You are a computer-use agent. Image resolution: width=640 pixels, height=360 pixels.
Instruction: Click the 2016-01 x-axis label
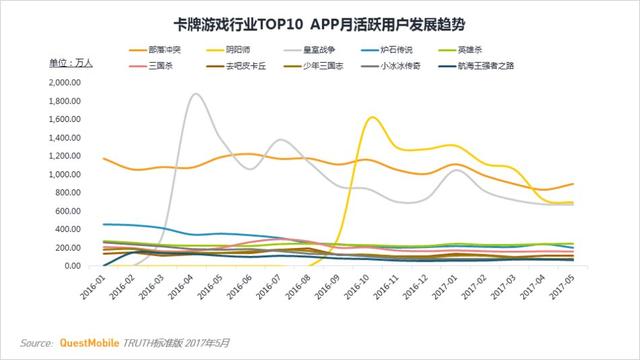coord(101,292)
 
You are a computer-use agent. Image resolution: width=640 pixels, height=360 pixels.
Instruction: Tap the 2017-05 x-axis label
coord(571,292)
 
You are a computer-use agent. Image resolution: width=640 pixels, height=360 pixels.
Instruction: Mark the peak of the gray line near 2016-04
coord(195,94)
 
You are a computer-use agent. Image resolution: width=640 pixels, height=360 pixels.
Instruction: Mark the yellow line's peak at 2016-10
coord(373,118)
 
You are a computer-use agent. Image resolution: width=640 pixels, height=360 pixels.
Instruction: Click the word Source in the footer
coord(36,342)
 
